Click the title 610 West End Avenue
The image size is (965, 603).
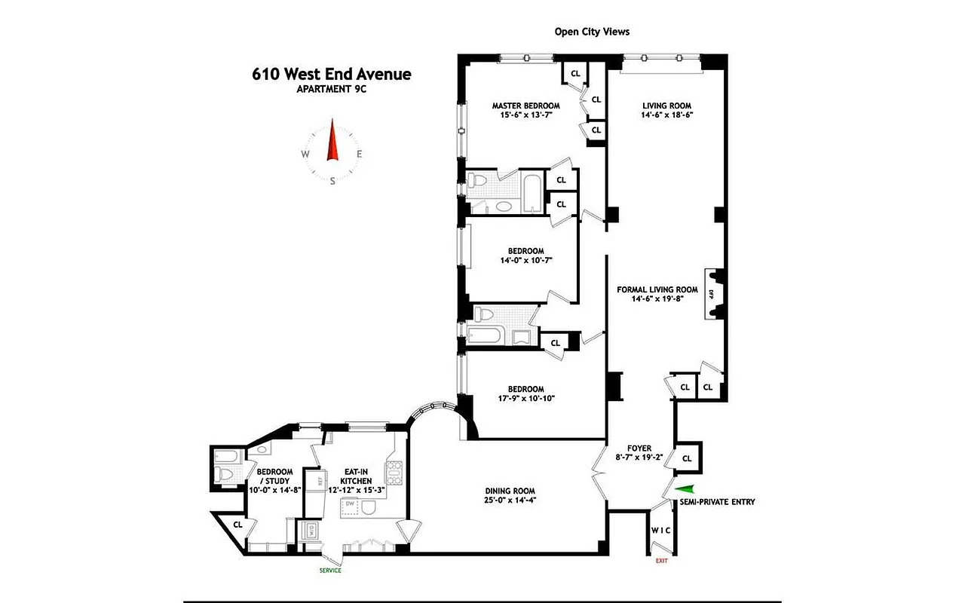[x=332, y=74]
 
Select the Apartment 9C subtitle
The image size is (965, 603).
[x=332, y=89]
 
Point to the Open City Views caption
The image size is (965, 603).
[x=592, y=32]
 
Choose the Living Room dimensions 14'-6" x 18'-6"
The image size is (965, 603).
[x=666, y=115]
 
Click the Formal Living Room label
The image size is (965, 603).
[x=657, y=289]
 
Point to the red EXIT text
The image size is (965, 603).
[x=661, y=561]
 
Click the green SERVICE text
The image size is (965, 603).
[x=330, y=571]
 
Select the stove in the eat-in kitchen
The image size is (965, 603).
[x=394, y=473]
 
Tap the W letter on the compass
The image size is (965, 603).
[x=305, y=155]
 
